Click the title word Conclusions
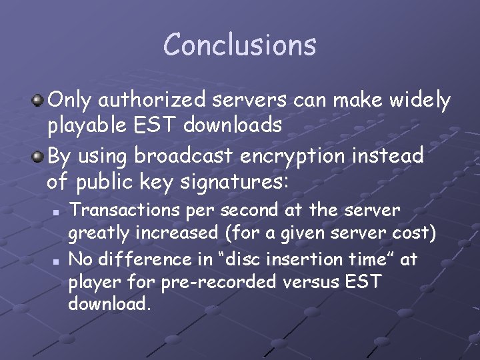tap(240, 45)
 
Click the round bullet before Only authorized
tap(39, 101)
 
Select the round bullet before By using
tap(39, 156)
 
